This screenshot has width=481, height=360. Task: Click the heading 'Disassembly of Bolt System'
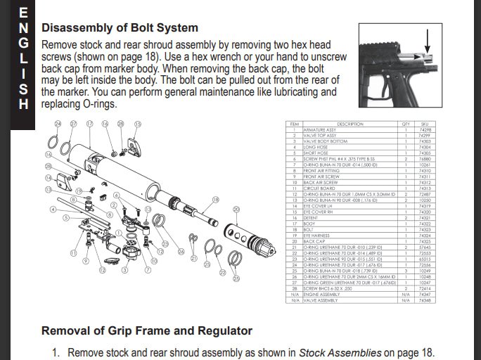click(120, 29)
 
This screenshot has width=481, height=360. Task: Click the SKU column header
click(424, 124)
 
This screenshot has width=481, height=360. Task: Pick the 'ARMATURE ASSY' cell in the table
click(320, 130)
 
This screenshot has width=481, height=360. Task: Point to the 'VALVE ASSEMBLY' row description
click(321, 300)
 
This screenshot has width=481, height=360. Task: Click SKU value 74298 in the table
click(424, 130)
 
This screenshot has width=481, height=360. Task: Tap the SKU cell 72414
click(424, 289)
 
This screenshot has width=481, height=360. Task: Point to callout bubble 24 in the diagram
click(58, 124)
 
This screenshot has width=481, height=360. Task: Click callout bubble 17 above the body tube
click(89, 124)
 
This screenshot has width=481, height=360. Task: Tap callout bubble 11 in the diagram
click(72, 252)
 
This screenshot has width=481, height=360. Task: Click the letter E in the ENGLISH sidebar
click(24, 12)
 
